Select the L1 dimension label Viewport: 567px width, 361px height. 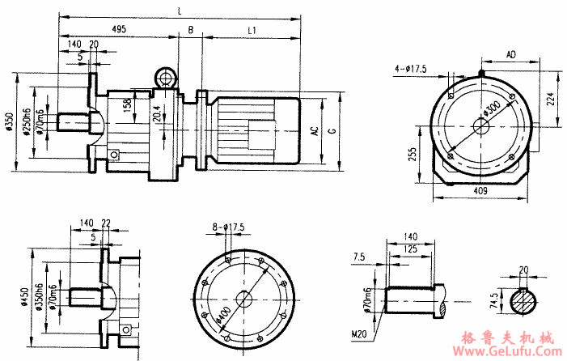[252, 30]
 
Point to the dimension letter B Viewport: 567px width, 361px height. [191, 30]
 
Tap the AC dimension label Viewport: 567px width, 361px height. [314, 130]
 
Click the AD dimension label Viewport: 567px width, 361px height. [510, 53]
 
